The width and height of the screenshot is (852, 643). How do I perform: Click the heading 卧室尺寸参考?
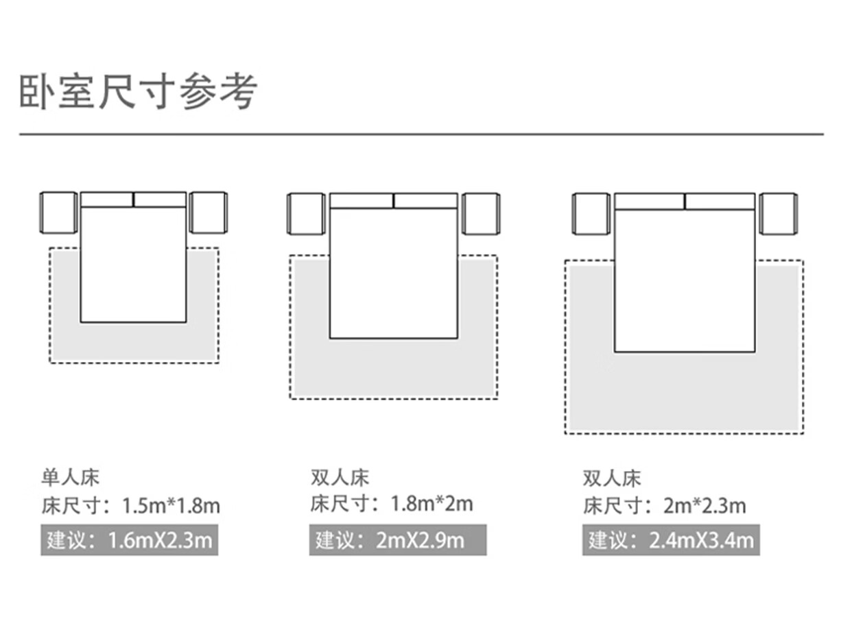pyautogui.click(x=139, y=92)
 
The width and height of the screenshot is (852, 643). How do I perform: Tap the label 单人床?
pyautogui.click(x=71, y=476)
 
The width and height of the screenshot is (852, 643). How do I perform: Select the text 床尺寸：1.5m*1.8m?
pyautogui.click(x=130, y=507)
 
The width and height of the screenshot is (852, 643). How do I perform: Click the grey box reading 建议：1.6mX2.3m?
pyautogui.click(x=129, y=540)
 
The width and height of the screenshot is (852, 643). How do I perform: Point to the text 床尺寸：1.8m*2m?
pyautogui.click(x=392, y=505)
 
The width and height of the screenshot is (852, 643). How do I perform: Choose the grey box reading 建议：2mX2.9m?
pyautogui.click(x=397, y=540)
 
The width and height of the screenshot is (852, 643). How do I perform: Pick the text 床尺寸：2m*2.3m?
pyautogui.click(x=664, y=507)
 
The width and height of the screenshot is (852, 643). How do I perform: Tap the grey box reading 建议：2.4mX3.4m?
pyautogui.click(x=671, y=540)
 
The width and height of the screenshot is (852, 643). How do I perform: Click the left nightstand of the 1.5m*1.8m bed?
pyautogui.click(x=58, y=213)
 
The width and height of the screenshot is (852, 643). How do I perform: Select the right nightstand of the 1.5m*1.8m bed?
pyautogui.click(x=208, y=213)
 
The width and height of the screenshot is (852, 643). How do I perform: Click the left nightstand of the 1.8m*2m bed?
pyautogui.click(x=306, y=214)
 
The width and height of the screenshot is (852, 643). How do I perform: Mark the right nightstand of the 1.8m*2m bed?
pyautogui.click(x=480, y=214)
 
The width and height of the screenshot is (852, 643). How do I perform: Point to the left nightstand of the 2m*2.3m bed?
pyautogui.click(x=591, y=214)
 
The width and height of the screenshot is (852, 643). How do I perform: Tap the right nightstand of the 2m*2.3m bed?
pyautogui.click(x=778, y=214)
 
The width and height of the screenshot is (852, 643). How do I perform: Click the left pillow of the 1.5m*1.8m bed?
pyautogui.click(x=107, y=199)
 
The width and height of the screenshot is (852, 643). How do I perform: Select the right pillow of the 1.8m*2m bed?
pyautogui.click(x=425, y=201)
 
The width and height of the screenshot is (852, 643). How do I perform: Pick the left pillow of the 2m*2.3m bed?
pyautogui.click(x=649, y=202)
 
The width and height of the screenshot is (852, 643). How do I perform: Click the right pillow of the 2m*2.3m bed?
pyautogui.click(x=720, y=202)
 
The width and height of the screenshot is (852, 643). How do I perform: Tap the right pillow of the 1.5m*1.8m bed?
pyautogui.click(x=160, y=199)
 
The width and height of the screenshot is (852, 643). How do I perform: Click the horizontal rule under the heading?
pyautogui.click(x=421, y=134)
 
